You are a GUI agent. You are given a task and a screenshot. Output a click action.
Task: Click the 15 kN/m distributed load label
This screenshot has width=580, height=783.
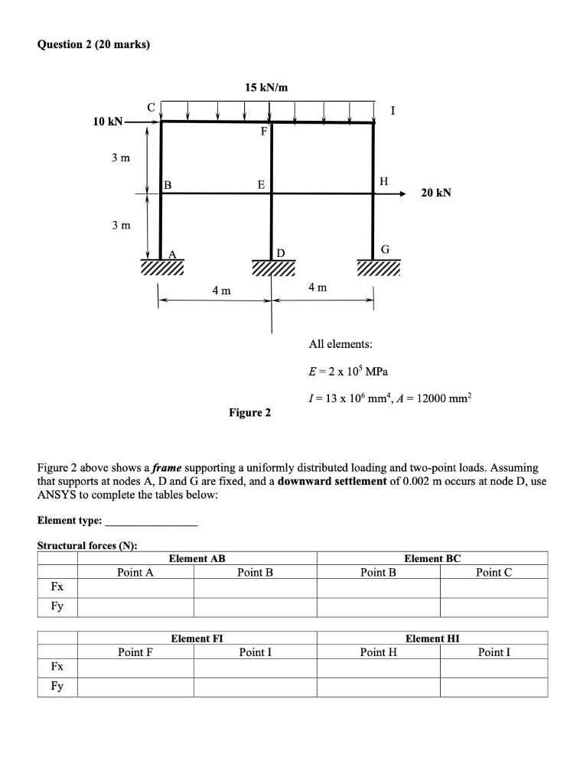pyautogui.click(x=266, y=88)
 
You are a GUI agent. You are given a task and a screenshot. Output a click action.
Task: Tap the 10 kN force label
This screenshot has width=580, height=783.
pyautogui.click(x=106, y=122)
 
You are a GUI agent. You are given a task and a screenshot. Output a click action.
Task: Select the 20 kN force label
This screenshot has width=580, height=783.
pyautogui.click(x=436, y=193)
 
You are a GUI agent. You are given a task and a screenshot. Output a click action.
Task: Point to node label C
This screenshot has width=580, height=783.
pyautogui.click(x=151, y=106)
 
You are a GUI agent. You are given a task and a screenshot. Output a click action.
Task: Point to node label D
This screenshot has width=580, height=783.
pyautogui.click(x=280, y=252)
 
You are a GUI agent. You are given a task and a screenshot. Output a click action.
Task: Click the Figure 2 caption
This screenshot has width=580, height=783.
pyautogui.click(x=249, y=413)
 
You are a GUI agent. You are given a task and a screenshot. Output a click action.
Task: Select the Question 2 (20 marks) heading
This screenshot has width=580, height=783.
pyautogui.click(x=93, y=44)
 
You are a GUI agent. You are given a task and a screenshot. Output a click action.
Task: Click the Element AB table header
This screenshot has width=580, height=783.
pyautogui.click(x=197, y=559)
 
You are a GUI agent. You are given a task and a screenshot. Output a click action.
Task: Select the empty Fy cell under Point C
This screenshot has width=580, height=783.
pyautogui.click(x=494, y=607)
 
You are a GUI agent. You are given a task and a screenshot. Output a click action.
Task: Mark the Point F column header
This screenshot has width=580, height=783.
pyautogui.click(x=135, y=652)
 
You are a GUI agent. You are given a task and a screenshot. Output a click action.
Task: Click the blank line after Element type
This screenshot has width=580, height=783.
pyautogui.click(x=151, y=521)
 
